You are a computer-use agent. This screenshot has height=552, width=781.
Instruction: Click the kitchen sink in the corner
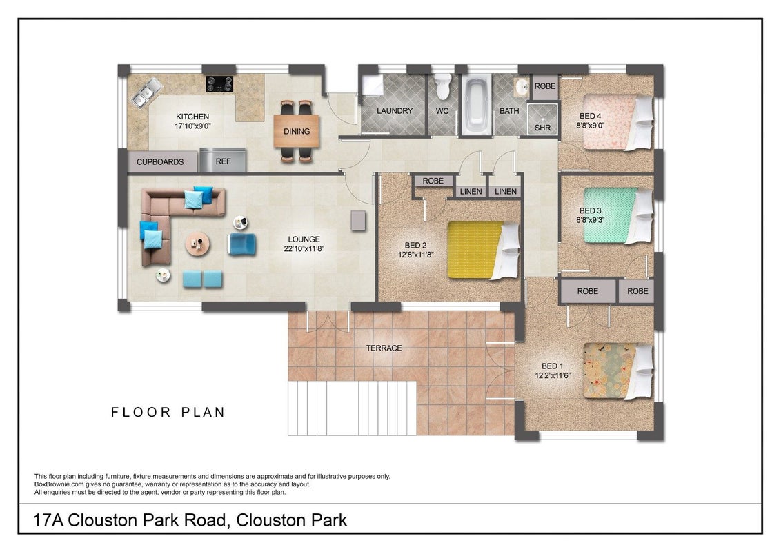[x=147, y=92]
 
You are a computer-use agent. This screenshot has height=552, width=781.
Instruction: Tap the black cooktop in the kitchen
[x=219, y=83]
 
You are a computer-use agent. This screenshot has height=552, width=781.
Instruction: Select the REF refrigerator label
[x=223, y=161]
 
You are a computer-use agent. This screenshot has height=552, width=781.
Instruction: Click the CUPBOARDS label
[x=160, y=162]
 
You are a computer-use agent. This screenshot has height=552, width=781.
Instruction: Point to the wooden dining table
[x=297, y=131]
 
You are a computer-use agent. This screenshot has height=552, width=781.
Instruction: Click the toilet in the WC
[x=442, y=86]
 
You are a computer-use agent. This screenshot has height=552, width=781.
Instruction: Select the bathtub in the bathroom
[x=476, y=105]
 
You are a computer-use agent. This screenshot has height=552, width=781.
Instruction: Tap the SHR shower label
[x=542, y=128]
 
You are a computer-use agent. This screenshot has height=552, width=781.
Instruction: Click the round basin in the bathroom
[x=522, y=87]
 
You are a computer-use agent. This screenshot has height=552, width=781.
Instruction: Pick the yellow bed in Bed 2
[x=483, y=250]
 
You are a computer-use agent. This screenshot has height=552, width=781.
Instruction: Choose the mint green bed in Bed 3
[x=617, y=215]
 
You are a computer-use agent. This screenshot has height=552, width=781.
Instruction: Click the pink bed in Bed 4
[x=617, y=121]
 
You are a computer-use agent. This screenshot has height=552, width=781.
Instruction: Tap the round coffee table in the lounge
[x=198, y=244]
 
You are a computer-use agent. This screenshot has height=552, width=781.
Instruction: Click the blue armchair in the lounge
[x=242, y=244]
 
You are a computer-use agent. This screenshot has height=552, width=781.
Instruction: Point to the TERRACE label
[x=384, y=348]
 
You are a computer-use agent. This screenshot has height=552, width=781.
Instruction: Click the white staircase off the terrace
[x=352, y=408]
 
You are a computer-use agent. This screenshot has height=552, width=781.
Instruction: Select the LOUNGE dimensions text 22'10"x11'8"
[x=304, y=248]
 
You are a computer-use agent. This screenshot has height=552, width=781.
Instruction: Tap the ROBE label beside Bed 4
[x=545, y=86]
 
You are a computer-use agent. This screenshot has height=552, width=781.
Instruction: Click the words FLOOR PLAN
[x=168, y=412]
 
